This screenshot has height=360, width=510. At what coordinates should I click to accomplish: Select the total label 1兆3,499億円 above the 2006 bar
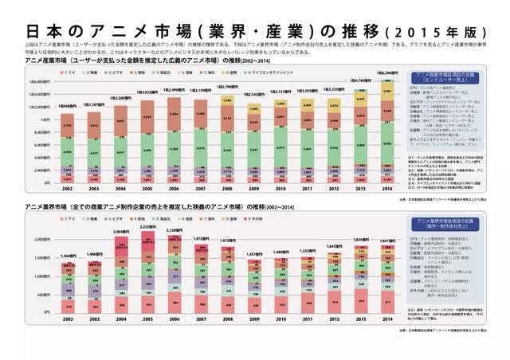tap(174, 90)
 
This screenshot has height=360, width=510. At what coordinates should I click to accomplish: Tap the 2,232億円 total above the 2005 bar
tap(147, 227)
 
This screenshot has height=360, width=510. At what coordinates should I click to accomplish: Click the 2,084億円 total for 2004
tap(120, 231)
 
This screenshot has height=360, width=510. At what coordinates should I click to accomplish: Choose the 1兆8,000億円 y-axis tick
tap(38, 81)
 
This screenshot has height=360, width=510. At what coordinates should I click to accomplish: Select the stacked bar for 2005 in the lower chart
tap(147, 271)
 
